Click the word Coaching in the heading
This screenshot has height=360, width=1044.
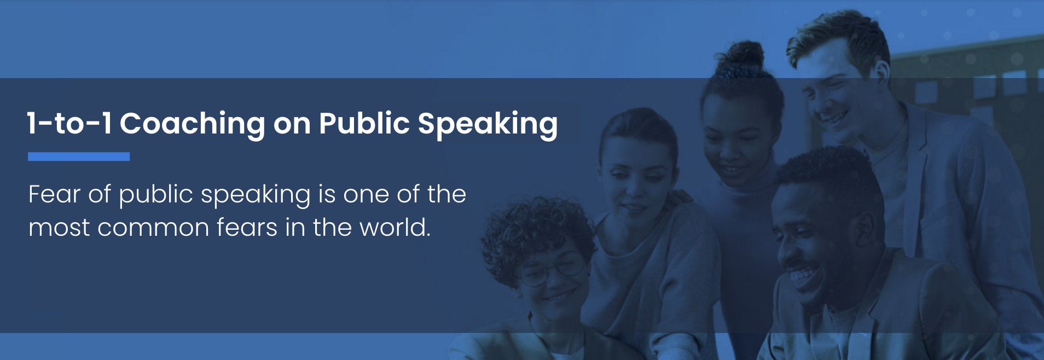click(x=193, y=124)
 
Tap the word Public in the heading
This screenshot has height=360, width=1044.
click(x=364, y=123)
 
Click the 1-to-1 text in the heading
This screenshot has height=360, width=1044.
click(x=69, y=124)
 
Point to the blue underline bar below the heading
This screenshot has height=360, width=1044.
click(x=79, y=156)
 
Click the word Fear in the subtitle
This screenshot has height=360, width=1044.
click(x=54, y=194)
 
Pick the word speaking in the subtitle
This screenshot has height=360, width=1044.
click(x=256, y=196)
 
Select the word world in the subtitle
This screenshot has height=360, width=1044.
click(x=395, y=227)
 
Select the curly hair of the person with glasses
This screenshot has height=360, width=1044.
click(x=533, y=235)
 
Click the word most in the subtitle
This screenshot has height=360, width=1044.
click(x=59, y=228)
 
